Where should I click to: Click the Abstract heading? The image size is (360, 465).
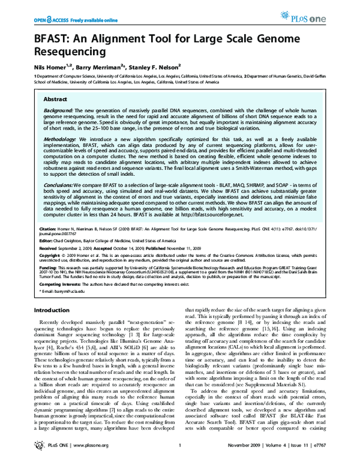coord(55,98)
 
